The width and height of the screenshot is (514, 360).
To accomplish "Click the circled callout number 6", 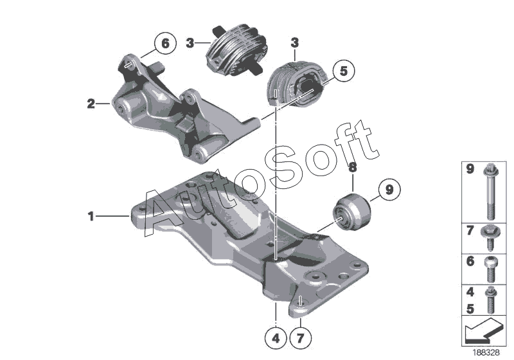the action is pyautogui.click(x=164, y=44).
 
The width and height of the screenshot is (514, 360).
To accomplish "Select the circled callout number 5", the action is pyautogui.click(x=343, y=72).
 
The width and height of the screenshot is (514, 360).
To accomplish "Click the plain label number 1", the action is pyautogui.click(x=91, y=217).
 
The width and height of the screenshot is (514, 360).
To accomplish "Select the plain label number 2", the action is pyautogui.click(x=91, y=102).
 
